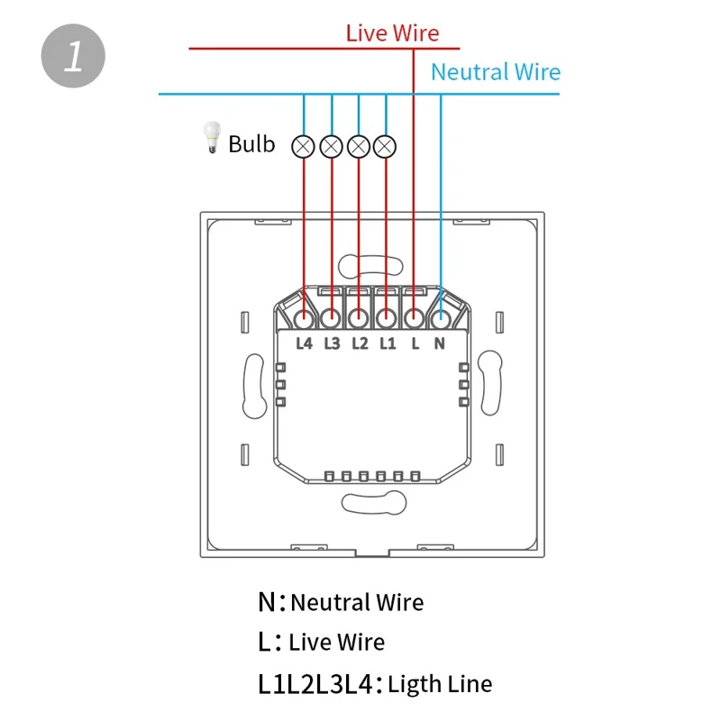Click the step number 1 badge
pyautogui.click(x=73, y=56)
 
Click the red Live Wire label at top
pyautogui.click(x=392, y=33)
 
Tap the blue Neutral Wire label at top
pyautogui.click(x=495, y=72)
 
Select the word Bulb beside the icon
pyautogui.click(x=251, y=143)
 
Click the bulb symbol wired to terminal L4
pyautogui.click(x=304, y=144)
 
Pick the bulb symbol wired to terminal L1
pyautogui.click(x=386, y=144)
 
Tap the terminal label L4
pyautogui.click(x=305, y=342)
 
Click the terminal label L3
pyautogui.click(x=332, y=342)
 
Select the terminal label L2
pyautogui.click(x=360, y=342)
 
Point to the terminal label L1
pyautogui.click(x=387, y=342)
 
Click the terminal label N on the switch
pyautogui.click(x=440, y=342)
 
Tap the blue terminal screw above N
pyautogui.click(x=441, y=317)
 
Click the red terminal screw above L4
pyautogui.click(x=305, y=317)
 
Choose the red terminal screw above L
pyautogui.click(x=414, y=317)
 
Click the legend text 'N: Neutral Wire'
pyautogui.click(x=340, y=601)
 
